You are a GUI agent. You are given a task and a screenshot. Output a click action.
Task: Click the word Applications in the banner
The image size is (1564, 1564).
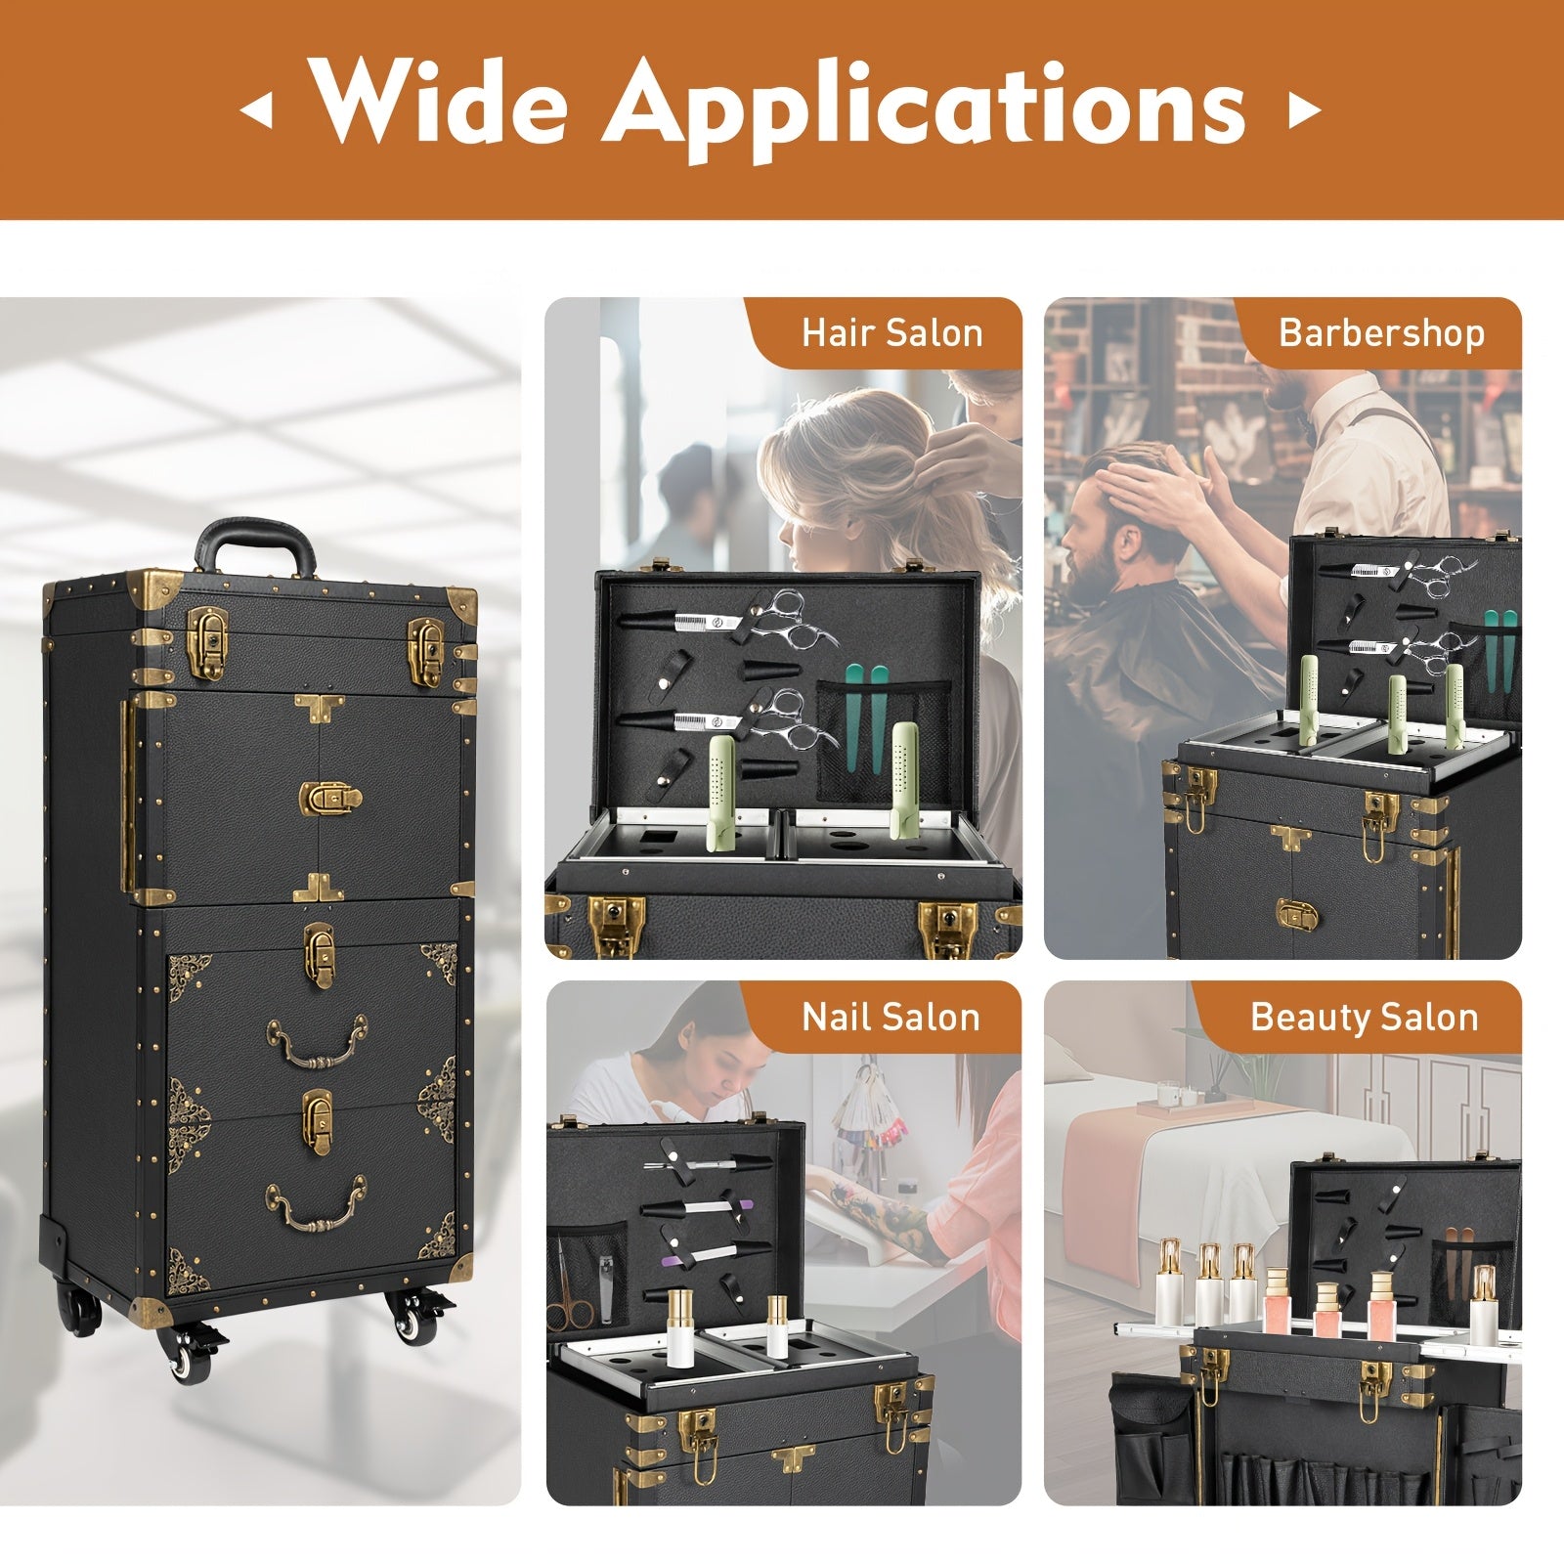926,109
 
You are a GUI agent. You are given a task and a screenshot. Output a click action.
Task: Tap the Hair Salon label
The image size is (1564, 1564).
891,333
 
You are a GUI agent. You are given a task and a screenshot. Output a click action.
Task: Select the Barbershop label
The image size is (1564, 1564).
1381,333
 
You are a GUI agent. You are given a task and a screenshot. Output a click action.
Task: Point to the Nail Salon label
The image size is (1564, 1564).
891,1018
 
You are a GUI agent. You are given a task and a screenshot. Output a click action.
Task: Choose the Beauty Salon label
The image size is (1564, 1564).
1365,1018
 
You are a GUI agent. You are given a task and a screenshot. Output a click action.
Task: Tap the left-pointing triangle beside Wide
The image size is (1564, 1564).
256,110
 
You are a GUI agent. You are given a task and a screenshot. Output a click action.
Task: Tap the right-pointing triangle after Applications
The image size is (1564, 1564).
1304,110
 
